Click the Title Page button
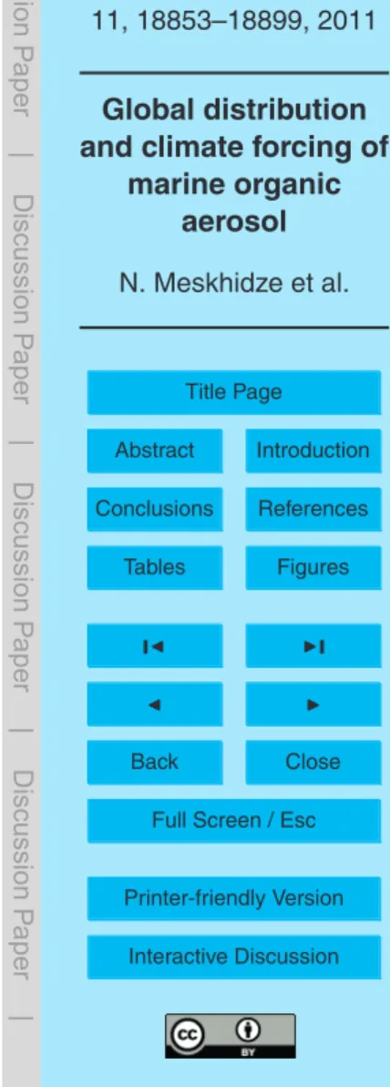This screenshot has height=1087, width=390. [234, 392]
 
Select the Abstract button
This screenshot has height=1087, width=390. [155, 450]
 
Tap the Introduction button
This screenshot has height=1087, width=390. [313, 450]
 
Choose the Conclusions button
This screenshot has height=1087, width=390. [155, 509]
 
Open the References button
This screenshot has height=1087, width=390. [313, 509]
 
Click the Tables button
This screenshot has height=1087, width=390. [155, 567]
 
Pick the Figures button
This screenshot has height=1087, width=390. [313, 567]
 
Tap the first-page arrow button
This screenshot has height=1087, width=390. [155, 646]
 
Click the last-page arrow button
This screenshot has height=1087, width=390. [313, 646]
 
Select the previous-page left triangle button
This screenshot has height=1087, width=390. [155, 704]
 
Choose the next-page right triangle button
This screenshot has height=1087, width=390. [313, 704]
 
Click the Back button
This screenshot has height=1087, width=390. [155, 761]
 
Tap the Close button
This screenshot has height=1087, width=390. [313, 761]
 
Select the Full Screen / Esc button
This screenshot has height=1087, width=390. [234, 821]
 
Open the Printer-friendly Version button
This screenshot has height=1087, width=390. [234, 898]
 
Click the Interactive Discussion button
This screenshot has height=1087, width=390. [234, 957]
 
